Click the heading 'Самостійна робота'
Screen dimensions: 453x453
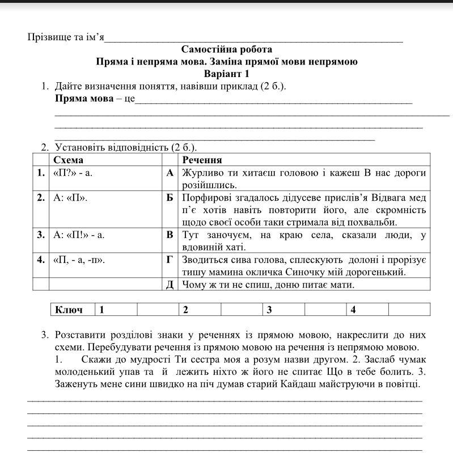pyautogui.click(x=226, y=49)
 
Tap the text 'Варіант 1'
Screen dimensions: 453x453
pyautogui.click(x=226, y=74)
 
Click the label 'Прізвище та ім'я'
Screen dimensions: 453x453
pyautogui.click(x=66, y=37)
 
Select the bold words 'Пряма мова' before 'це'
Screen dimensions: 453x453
pyautogui.click(x=84, y=99)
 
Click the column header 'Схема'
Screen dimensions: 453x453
pyautogui.click(x=68, y=160)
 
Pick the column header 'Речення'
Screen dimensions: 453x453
pyautogui.click(x=202, y=160)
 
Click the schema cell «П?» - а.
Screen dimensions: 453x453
pyautogui.click(x=72, y=173)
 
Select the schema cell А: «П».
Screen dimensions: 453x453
pyautogui.click(x=70, y=198)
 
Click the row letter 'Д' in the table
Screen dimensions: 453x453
pyautogui.click(x=170, y=285)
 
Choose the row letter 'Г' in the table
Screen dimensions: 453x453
pyautogui.click(x=170, y=260)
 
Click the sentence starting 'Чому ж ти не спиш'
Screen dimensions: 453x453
pyautogui.click(x=268, y=285)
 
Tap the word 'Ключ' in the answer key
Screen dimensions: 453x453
pyautogui.click(x=69, y=310)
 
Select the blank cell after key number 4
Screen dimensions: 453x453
pyautogui.click(x=409, y=310)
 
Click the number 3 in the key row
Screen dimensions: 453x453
pyautogui.click(x=270, y=310)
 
